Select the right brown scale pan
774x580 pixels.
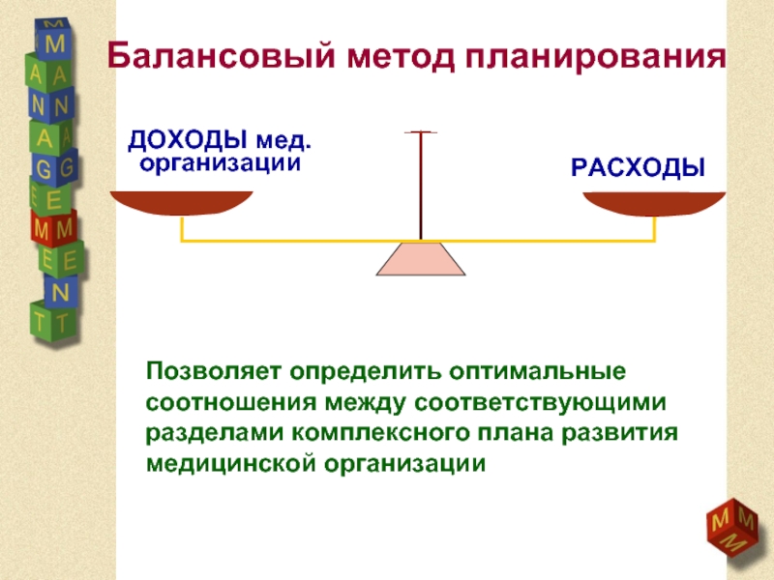coord(655,203)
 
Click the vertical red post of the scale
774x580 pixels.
coord(420,184)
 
